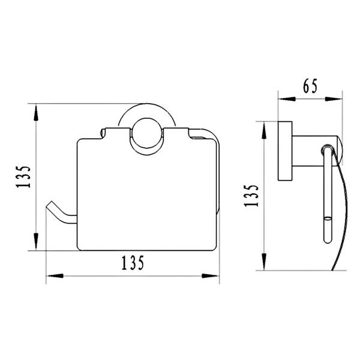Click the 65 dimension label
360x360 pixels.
310,86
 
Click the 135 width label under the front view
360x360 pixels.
133,263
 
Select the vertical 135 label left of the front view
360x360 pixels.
23,176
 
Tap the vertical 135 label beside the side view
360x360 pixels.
251,196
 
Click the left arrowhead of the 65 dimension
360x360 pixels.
286,99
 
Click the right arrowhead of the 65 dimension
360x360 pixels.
334,99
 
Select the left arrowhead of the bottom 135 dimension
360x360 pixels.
55,276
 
